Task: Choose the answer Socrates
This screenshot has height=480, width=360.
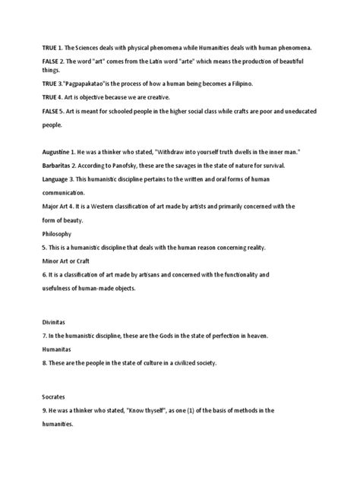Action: [55, 396]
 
